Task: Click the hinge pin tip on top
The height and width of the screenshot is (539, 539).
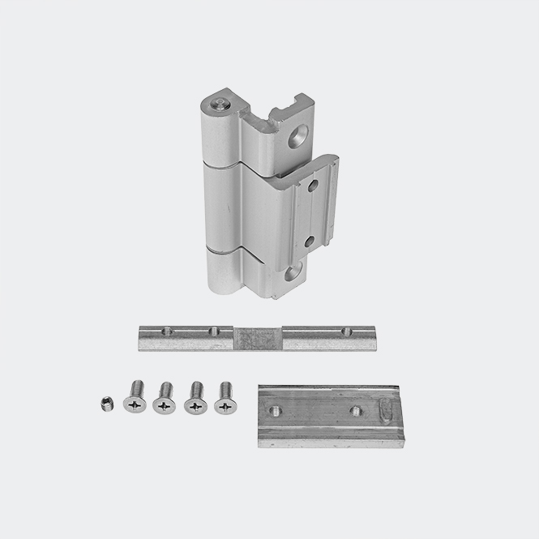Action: point(219,105)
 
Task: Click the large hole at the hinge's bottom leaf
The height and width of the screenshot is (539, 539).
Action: point(289,272)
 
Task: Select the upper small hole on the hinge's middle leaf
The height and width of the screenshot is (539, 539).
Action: point(311,187)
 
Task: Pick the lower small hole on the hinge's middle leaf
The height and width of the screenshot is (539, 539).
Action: point(310,241)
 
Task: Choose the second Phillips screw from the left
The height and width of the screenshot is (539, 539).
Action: point(165,400)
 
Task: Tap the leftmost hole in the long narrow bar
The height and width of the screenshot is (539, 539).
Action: point(167,331)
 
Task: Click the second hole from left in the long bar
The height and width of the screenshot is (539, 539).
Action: point(214,331)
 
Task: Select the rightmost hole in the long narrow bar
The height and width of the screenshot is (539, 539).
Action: point(346,331)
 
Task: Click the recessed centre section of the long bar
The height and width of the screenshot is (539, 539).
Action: point(258,336)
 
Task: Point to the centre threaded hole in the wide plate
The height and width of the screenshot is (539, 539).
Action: point(356,411)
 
